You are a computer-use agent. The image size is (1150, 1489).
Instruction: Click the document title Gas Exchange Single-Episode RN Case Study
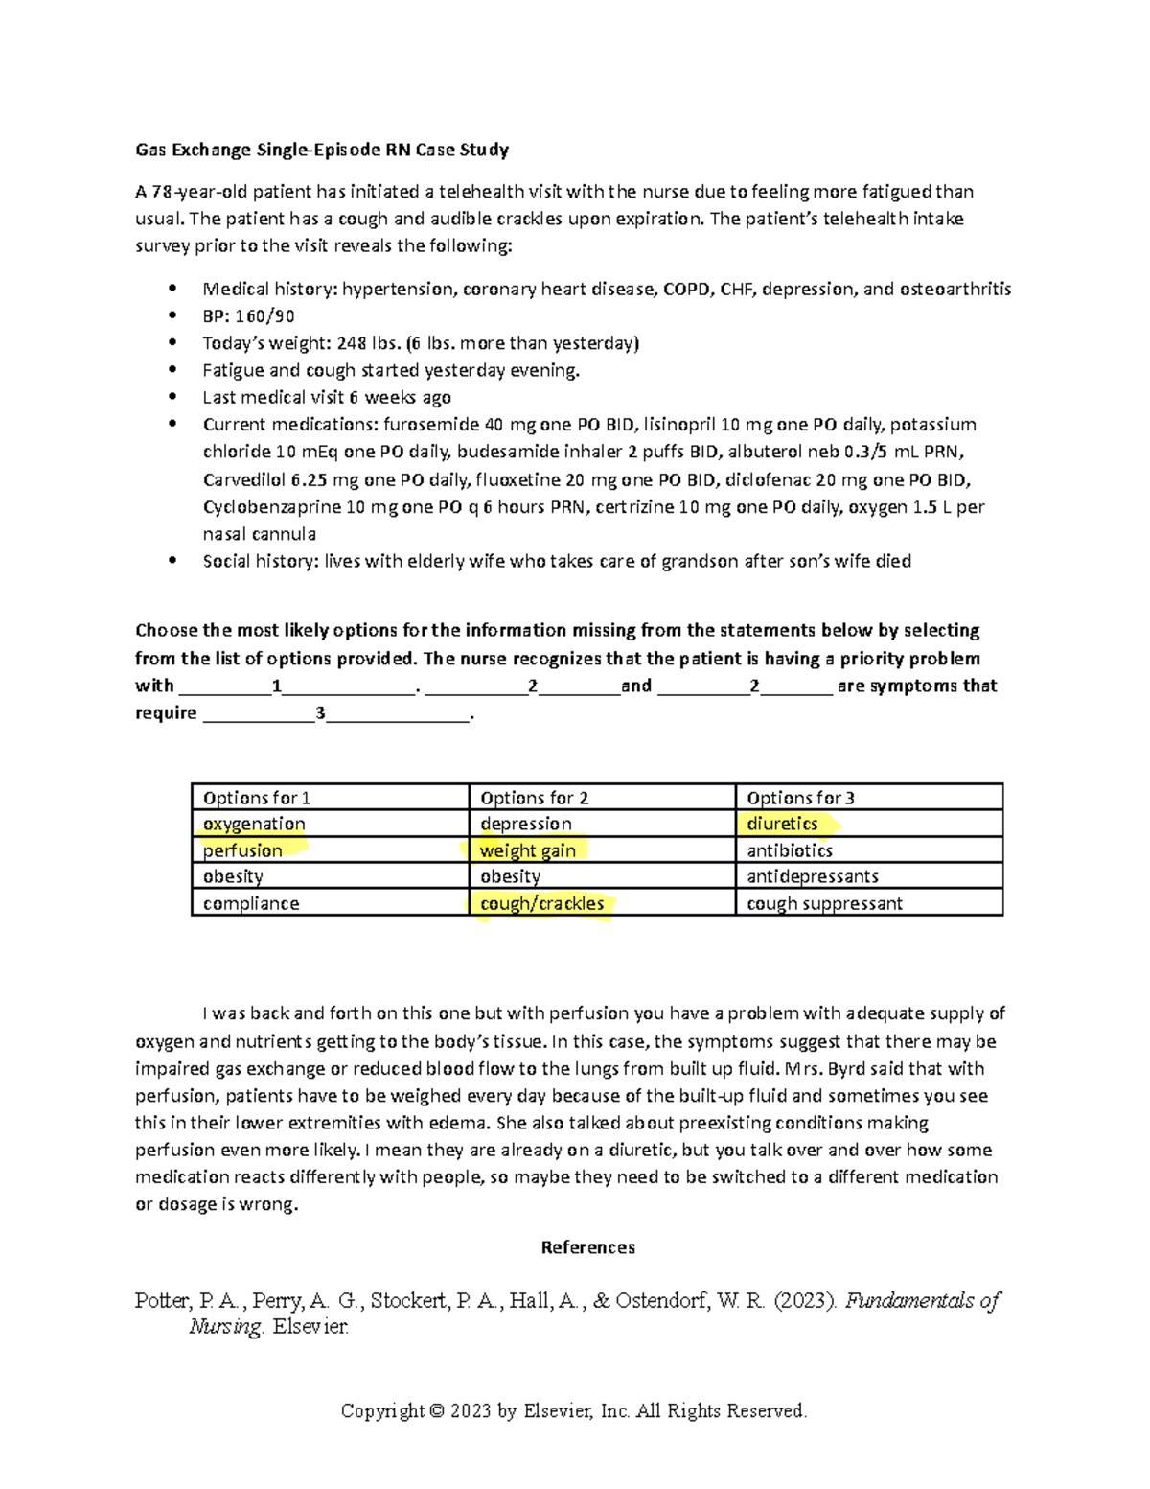coord(322,150)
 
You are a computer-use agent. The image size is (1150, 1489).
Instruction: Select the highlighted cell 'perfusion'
coord(243,850)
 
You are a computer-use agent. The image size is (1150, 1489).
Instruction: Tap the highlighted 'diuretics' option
coord(783,824)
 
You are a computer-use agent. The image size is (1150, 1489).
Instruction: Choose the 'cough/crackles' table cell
coord(542,903)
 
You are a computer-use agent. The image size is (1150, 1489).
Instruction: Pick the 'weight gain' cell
coord(528,850)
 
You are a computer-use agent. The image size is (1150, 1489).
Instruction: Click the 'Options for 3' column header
coord(801,798)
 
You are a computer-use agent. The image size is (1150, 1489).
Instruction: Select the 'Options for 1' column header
coord(257,798)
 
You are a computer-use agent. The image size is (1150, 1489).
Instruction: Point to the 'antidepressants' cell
coord(813,876)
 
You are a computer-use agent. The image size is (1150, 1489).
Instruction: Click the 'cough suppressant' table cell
coord(824,903)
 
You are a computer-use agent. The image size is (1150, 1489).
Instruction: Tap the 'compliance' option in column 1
coord(251,903)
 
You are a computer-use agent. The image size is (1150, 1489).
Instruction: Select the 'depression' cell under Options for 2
coord(526,824)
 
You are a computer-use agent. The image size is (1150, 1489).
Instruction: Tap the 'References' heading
coord(587,1247)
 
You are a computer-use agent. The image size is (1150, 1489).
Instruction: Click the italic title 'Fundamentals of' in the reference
coord(922,1301)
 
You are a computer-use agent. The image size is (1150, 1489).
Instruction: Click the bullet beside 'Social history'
coord(172,561)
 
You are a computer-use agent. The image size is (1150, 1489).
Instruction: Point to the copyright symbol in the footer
coord(437,1411)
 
